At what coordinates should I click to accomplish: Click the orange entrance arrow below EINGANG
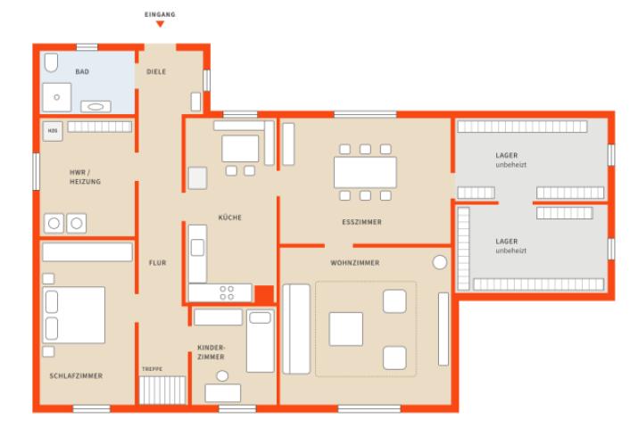(x=160, y=24)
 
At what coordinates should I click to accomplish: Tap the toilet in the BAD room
(x=51, y=62)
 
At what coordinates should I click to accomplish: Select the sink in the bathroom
(x=95, y=106)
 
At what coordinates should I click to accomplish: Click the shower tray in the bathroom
(x=56, y=97)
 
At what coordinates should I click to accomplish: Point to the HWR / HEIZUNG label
(x=85, y=177)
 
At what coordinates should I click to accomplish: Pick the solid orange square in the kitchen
(x=264, y=294)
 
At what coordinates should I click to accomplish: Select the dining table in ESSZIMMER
(x=365, y=172)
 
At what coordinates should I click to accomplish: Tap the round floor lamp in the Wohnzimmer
(x=440, y=262)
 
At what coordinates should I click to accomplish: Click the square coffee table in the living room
(x=346, y=329)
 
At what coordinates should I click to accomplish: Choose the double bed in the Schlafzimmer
(x=74, y=315)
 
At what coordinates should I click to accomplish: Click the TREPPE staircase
(x=162, y=390)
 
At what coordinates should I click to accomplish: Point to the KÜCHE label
(x=230, y=218)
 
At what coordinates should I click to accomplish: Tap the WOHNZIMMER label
(x=355, y=263)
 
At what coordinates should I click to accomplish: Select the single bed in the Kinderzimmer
(x=261, y=341)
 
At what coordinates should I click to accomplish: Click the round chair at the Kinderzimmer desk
(x=222, y=375)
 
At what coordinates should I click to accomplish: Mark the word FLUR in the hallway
(x=157, y=263)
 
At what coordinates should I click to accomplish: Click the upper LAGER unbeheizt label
(x=510, y=160)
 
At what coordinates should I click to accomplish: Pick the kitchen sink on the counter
(x=197, y=247)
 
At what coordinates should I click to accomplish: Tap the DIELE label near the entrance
(x=156, y=72)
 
